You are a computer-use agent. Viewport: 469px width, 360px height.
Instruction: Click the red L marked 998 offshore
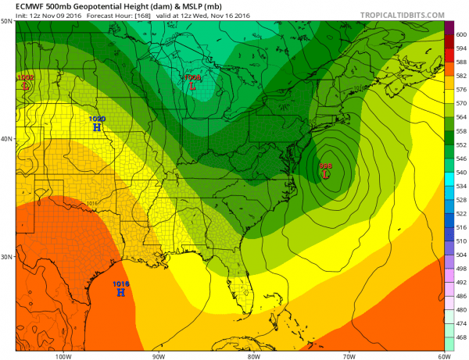325,174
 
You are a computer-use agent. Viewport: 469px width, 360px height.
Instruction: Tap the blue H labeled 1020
97,127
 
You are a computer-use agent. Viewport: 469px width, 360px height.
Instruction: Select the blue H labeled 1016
120,292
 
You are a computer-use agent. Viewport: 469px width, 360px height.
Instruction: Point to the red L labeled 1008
192,87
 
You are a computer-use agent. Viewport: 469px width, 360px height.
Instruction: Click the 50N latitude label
7,22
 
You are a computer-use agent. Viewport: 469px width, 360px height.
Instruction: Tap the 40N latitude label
7,139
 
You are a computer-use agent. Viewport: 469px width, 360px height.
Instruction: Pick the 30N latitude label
7,257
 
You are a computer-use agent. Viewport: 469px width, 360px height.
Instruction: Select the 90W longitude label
159,355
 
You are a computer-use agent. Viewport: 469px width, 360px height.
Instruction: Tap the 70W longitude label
349,355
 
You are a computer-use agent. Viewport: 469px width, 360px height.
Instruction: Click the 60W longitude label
442,355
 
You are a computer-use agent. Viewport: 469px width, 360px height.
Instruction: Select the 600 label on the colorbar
460,34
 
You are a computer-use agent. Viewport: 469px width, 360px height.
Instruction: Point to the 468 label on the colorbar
460,337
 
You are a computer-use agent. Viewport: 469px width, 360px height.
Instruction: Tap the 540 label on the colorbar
460,172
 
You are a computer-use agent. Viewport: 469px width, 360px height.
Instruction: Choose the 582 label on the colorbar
460,76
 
